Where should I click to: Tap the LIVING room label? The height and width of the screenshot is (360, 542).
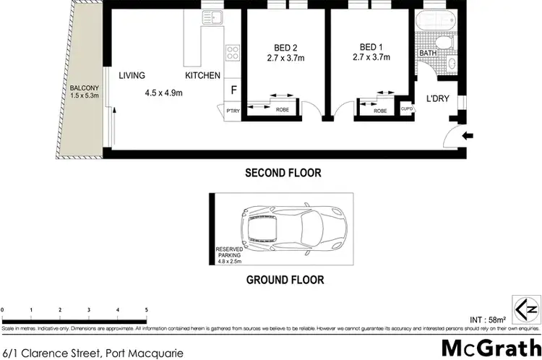click(132, 75)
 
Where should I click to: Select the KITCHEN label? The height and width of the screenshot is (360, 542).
click(202, 75)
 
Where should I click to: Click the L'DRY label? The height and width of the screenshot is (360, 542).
click(438, 98)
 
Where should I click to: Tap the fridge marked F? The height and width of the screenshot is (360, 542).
click(233, 90)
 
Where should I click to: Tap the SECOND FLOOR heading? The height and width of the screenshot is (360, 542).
click(283, 173)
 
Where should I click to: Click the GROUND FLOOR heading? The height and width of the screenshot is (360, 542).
click(285, 280)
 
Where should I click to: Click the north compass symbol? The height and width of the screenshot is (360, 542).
click(525, 308)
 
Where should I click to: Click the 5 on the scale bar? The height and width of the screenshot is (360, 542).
click(146, 310)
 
